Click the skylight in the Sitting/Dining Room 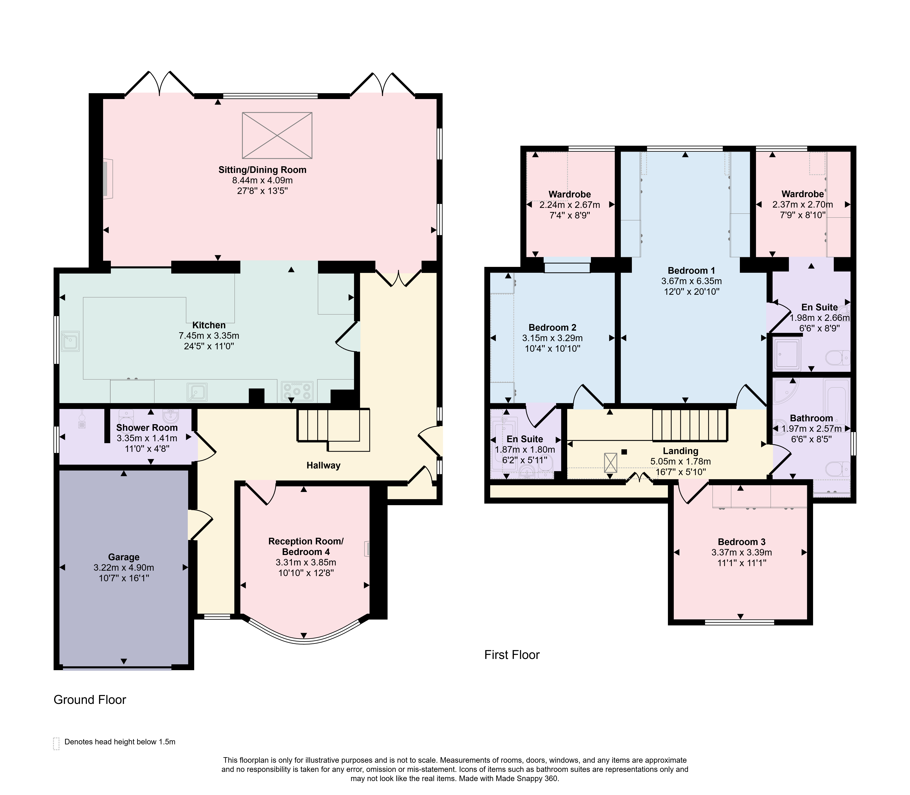277,135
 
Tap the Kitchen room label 209,325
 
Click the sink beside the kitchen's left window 71,341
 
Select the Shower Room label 147,428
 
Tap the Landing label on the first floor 680,451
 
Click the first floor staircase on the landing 690,425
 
